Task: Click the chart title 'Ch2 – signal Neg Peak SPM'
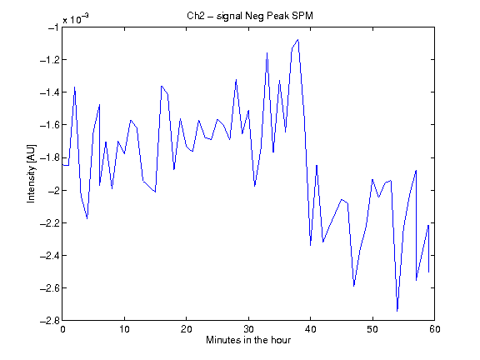coord(250,15)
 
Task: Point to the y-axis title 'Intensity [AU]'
coord(31,173)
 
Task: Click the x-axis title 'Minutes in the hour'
coord(248,340)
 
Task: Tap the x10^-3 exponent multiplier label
coord(76,19)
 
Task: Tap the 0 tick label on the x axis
coord(62,329)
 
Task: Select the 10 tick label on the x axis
coord(125,329)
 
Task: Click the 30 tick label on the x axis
coord(248,329)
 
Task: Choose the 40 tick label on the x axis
coord(310,329)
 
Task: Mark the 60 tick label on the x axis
coord(434,329)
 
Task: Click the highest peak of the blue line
coord(297,39)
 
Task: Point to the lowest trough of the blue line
coord(397,311)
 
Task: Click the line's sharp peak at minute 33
coord(267,53)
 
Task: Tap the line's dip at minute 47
coord(354,286)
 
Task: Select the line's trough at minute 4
coord(87,218)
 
